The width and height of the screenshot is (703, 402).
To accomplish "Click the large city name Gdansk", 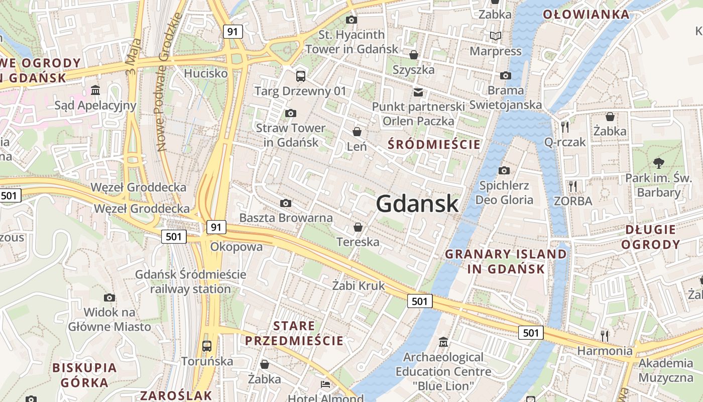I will coord(417,204).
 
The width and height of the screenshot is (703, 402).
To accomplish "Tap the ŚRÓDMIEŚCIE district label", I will coord(434,145).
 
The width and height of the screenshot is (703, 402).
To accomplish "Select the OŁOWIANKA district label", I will coord(586,14).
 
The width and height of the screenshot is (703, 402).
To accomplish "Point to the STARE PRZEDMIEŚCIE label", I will coord(294,333).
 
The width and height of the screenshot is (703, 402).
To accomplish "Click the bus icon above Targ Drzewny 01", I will coord(300,76).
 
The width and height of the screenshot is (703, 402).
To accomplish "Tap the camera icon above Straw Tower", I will coord(290,113).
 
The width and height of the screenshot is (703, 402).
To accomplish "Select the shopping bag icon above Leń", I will coord(357,132).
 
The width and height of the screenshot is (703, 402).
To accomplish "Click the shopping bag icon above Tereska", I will coord(358,227).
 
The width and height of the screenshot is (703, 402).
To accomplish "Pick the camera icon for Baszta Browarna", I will coord(286,203).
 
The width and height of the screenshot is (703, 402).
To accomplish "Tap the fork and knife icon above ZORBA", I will coord(572,186).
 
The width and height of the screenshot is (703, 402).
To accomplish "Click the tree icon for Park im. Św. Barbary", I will coord(658,163).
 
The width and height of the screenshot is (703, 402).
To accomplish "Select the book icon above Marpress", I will coord(496,36).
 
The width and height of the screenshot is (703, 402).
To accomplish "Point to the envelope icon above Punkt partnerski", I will coord(418,92).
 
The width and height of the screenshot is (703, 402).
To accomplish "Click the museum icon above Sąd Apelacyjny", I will coord(95,90).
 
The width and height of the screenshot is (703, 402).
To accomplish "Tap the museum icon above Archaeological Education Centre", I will coord(443,342).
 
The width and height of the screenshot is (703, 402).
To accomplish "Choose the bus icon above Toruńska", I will coord(206,346).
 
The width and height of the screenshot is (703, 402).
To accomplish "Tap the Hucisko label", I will coord(206,73).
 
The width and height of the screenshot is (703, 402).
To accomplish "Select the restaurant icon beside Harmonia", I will coord(605,335).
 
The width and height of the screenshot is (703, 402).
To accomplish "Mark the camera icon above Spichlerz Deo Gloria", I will coord(504,170).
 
